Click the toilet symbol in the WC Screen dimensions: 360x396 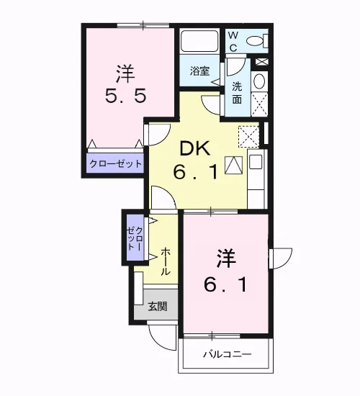[x=257, y=40]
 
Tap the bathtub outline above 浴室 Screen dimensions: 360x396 [x=199, y=42]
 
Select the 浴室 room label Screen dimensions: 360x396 [x=199, y=71]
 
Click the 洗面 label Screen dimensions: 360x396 [x=237, y=93]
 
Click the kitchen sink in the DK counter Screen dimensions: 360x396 [x=256, y=161]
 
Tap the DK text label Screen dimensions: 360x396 [x=195, y=148]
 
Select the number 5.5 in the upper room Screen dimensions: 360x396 [x=125, y=96]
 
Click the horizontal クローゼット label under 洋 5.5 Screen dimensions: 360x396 [x=115, y=164]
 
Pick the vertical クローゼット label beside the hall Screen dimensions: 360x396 [x=135, y=238]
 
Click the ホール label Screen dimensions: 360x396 [x=165, y=261]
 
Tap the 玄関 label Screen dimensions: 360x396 [x=158, y=306]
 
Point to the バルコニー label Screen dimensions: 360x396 [x=228, y=354]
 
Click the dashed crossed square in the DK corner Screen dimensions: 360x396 [x=248, y=137]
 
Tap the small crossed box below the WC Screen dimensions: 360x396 [x=261, y=62]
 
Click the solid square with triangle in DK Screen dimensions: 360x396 [x=234, y=165]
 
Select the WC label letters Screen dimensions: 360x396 [x=233, y=42]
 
